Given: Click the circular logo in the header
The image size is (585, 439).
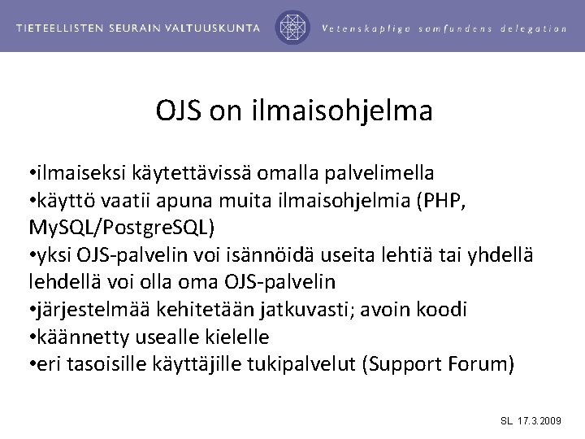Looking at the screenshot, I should click(x=291, y=27).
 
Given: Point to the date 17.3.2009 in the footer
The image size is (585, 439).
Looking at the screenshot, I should click(x=539, y=421).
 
